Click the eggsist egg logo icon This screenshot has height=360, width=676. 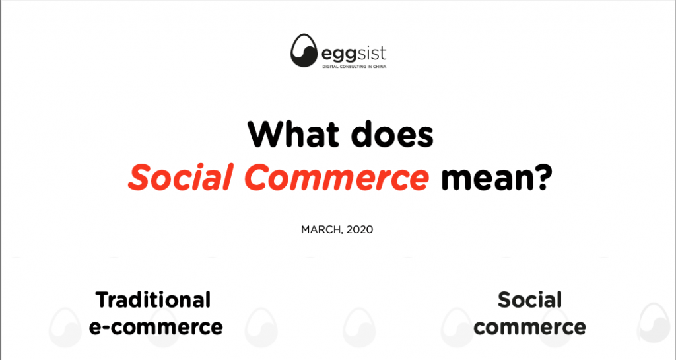[x=304, y=51]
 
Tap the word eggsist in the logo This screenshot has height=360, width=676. [x=354, y=54]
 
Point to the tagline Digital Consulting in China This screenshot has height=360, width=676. [x=355, y=67]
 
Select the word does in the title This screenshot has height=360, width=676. [x=392, y=134]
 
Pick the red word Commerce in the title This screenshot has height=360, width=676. [x=337, y=177]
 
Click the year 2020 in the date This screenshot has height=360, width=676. [x=360, y=229]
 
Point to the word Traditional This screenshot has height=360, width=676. [x=153, y=300]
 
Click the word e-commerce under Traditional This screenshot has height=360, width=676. [x=156, y=327]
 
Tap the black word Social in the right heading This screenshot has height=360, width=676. [x=529, y=300]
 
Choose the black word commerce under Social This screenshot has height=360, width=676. [x=529, y=327]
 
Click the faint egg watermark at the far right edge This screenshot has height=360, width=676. [x=653, y=324]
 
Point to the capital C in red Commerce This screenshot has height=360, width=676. [x=257, y=177]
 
